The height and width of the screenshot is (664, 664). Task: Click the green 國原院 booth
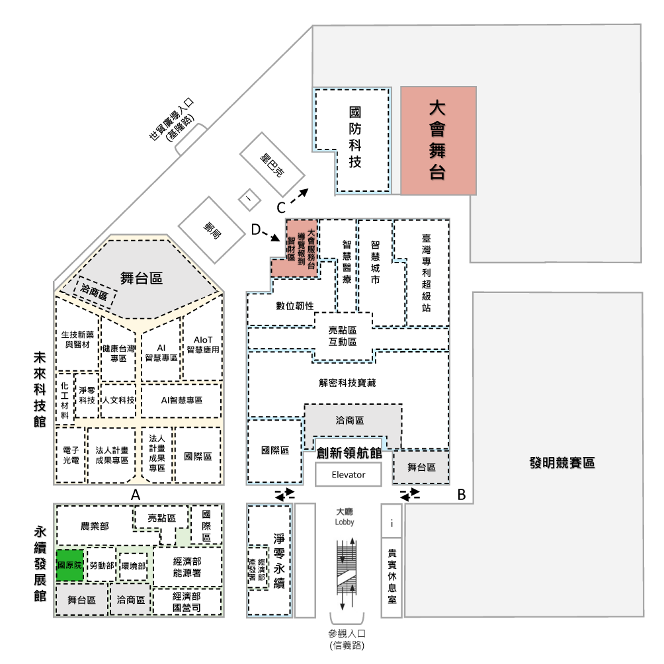click(x=70, y=565)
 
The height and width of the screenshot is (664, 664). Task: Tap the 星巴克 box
click(x=272, y=164)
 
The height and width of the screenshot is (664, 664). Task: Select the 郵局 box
click(x=212, y=230)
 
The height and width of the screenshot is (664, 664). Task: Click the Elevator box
click(x=348, y=474)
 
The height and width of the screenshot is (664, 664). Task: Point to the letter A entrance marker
click(x=136, y=495)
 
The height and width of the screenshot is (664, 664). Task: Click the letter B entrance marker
click(x=462, y=495)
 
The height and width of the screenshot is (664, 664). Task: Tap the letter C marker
click(x=281, y=208)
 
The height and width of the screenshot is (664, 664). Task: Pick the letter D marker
click(x=256, y=230)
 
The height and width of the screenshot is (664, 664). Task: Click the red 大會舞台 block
click(x=438, y=141)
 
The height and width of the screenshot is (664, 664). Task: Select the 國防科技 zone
click(x=355, y=140)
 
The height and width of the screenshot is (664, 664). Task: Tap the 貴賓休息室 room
click(x=392, y=577)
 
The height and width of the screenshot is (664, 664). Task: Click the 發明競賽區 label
click(x=562, y=463)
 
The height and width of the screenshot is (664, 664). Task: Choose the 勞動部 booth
click(x=102, y=565)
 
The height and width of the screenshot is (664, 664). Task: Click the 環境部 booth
click(x=134, y=566)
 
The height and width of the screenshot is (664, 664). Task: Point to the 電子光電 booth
click(x=71, y=455)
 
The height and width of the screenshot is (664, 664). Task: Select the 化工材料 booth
click(x=64, y=400)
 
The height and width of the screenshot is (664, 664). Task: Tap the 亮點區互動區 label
click(x=343, y=336)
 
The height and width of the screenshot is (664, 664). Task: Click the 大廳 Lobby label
click(x=345, y=517)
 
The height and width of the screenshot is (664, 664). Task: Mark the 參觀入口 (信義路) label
click(x=347, y=640)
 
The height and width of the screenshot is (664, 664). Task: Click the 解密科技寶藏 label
click(x=347, y=383)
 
